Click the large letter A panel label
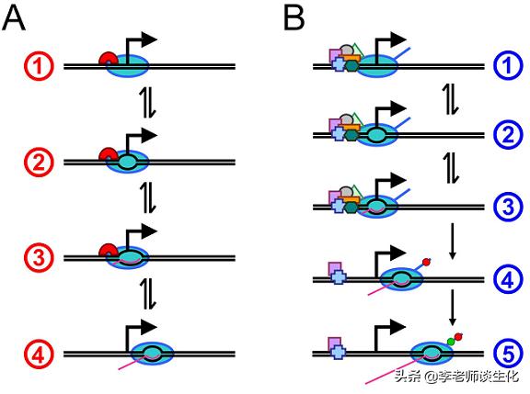[x=14, y=18]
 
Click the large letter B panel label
[x=294, y=18]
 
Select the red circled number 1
[x=39, y=66]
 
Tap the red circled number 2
[x=39, y=162]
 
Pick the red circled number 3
[x=39, y=258]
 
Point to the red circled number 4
[x=39, y=354]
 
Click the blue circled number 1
[x=508, y=65]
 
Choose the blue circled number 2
[x=508, y=135]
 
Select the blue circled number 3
[x=508, y=207]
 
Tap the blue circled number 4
[x=508, y=279]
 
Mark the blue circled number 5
[x=508, y=354]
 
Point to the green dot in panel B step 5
[x=451, y=341]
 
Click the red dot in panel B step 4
[x=426, y=262]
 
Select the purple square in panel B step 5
[x=335, y=343]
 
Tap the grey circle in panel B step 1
[x=346, y=50]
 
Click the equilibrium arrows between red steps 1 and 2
[x=148, y=104]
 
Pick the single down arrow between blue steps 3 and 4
[x=453, y=241]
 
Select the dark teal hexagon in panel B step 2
[x=351, y=135]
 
